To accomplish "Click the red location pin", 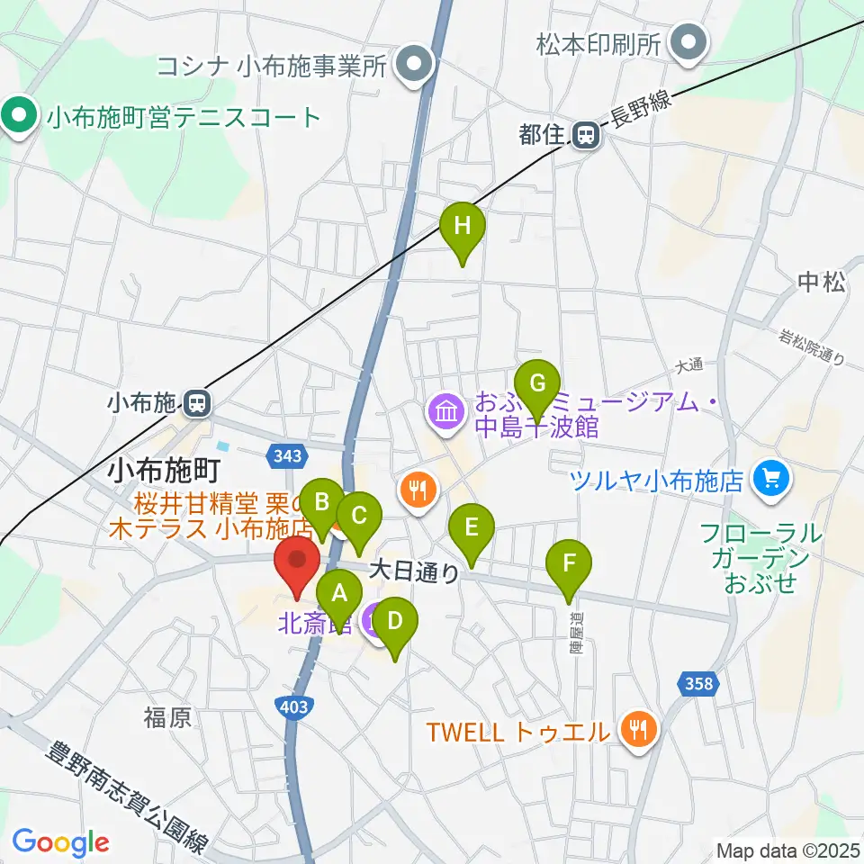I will (x=296, y=562).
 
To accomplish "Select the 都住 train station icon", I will (x=585, y=136).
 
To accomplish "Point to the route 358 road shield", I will (x=697, y=684).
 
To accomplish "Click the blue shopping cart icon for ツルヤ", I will (x=770, y=476).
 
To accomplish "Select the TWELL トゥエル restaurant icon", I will (x=638, y=729).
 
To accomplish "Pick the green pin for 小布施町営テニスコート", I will (x=18, y=118).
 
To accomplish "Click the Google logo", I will (x=60, y=842).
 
